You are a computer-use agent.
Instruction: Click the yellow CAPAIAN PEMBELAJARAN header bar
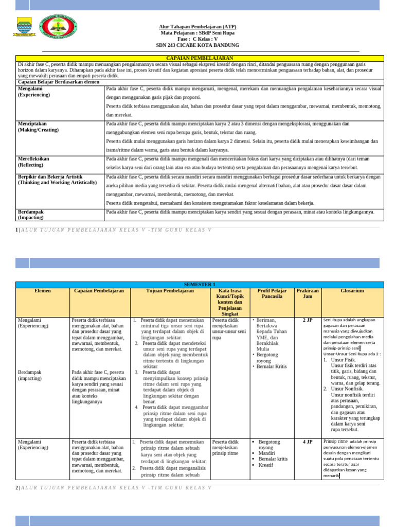(x=200, y=58)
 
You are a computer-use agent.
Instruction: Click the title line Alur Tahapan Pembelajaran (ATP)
(x=197, y=27)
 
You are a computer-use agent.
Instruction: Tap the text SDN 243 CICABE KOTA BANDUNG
(x=197, y=45)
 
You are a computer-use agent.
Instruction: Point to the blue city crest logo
(x=24, y=26)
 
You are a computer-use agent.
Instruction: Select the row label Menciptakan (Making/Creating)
(x=39, y=127)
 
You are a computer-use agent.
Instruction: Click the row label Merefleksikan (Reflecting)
(x=34, y=162)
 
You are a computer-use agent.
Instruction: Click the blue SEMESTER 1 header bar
(x=200, y=285)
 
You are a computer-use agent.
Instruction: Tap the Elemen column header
(x=43, y=291)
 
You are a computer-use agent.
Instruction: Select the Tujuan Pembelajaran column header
(x=170, y=291)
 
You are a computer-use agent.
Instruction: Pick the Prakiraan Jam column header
(x=308, y=294)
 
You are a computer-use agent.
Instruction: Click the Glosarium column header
(x=352, y=291)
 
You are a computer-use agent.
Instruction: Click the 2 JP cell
(x=308, y=320)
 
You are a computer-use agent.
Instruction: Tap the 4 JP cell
(x=308, y=442)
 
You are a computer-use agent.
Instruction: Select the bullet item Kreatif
(x=266, y=465)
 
